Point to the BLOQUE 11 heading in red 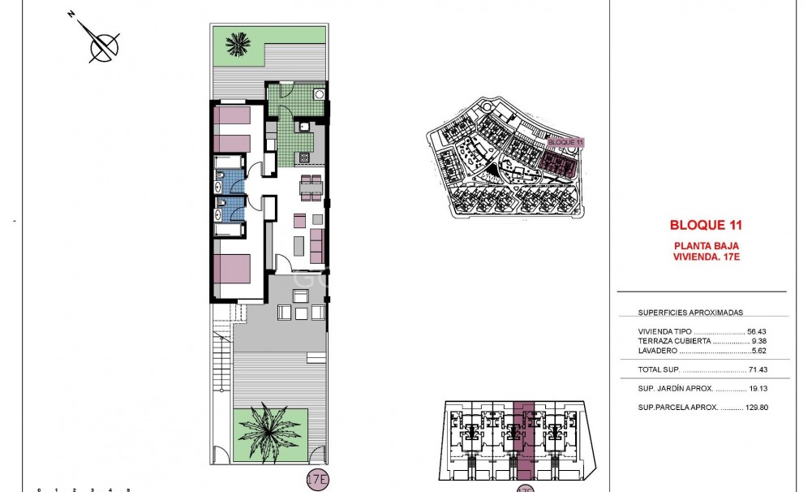pyautogui.click(x=706, y=225)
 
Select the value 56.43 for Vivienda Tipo pyautogui.click(x=756, y=331)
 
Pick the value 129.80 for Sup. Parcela pyautogui.click(x=756, y=407)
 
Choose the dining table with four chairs pyautogui.click(x=311, y=188)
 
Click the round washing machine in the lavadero pyautogui.click(x=320, y=94)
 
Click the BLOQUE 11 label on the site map pyautogui.click(x=565, y=142)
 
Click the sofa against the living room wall pyautogui.click(x=317, y=245)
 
